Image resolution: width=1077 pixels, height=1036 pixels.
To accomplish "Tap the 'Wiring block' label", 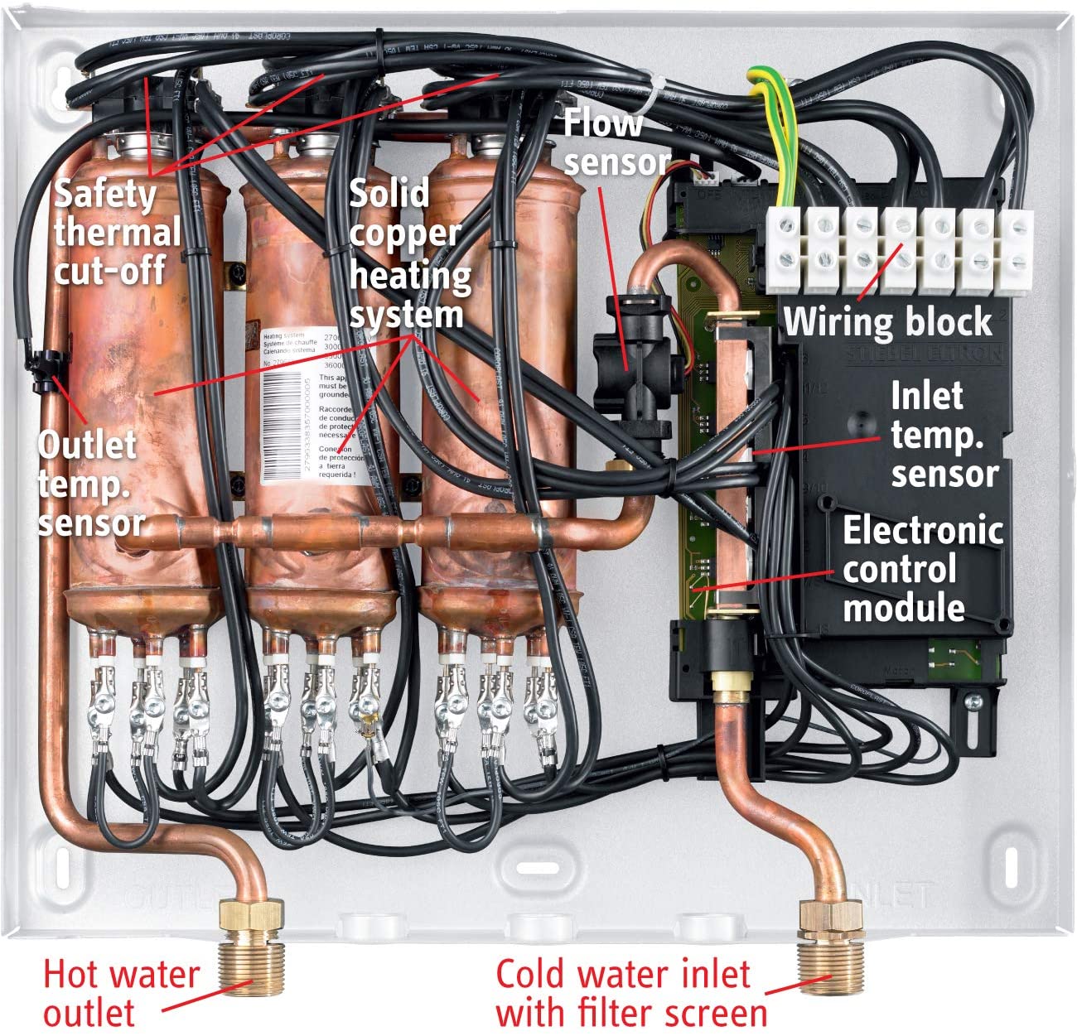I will (x=887, y=321).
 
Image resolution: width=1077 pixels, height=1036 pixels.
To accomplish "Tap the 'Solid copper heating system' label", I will (x=408, y=254).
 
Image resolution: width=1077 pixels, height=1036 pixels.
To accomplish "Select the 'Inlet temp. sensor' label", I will (x=942, y=435).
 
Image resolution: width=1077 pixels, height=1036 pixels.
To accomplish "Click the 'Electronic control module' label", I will (x=921, y=569).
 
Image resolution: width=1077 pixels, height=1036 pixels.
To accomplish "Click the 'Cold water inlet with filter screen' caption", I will (x=630, y=993).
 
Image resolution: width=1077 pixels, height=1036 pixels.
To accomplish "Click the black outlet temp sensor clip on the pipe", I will (x=45, y=370).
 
